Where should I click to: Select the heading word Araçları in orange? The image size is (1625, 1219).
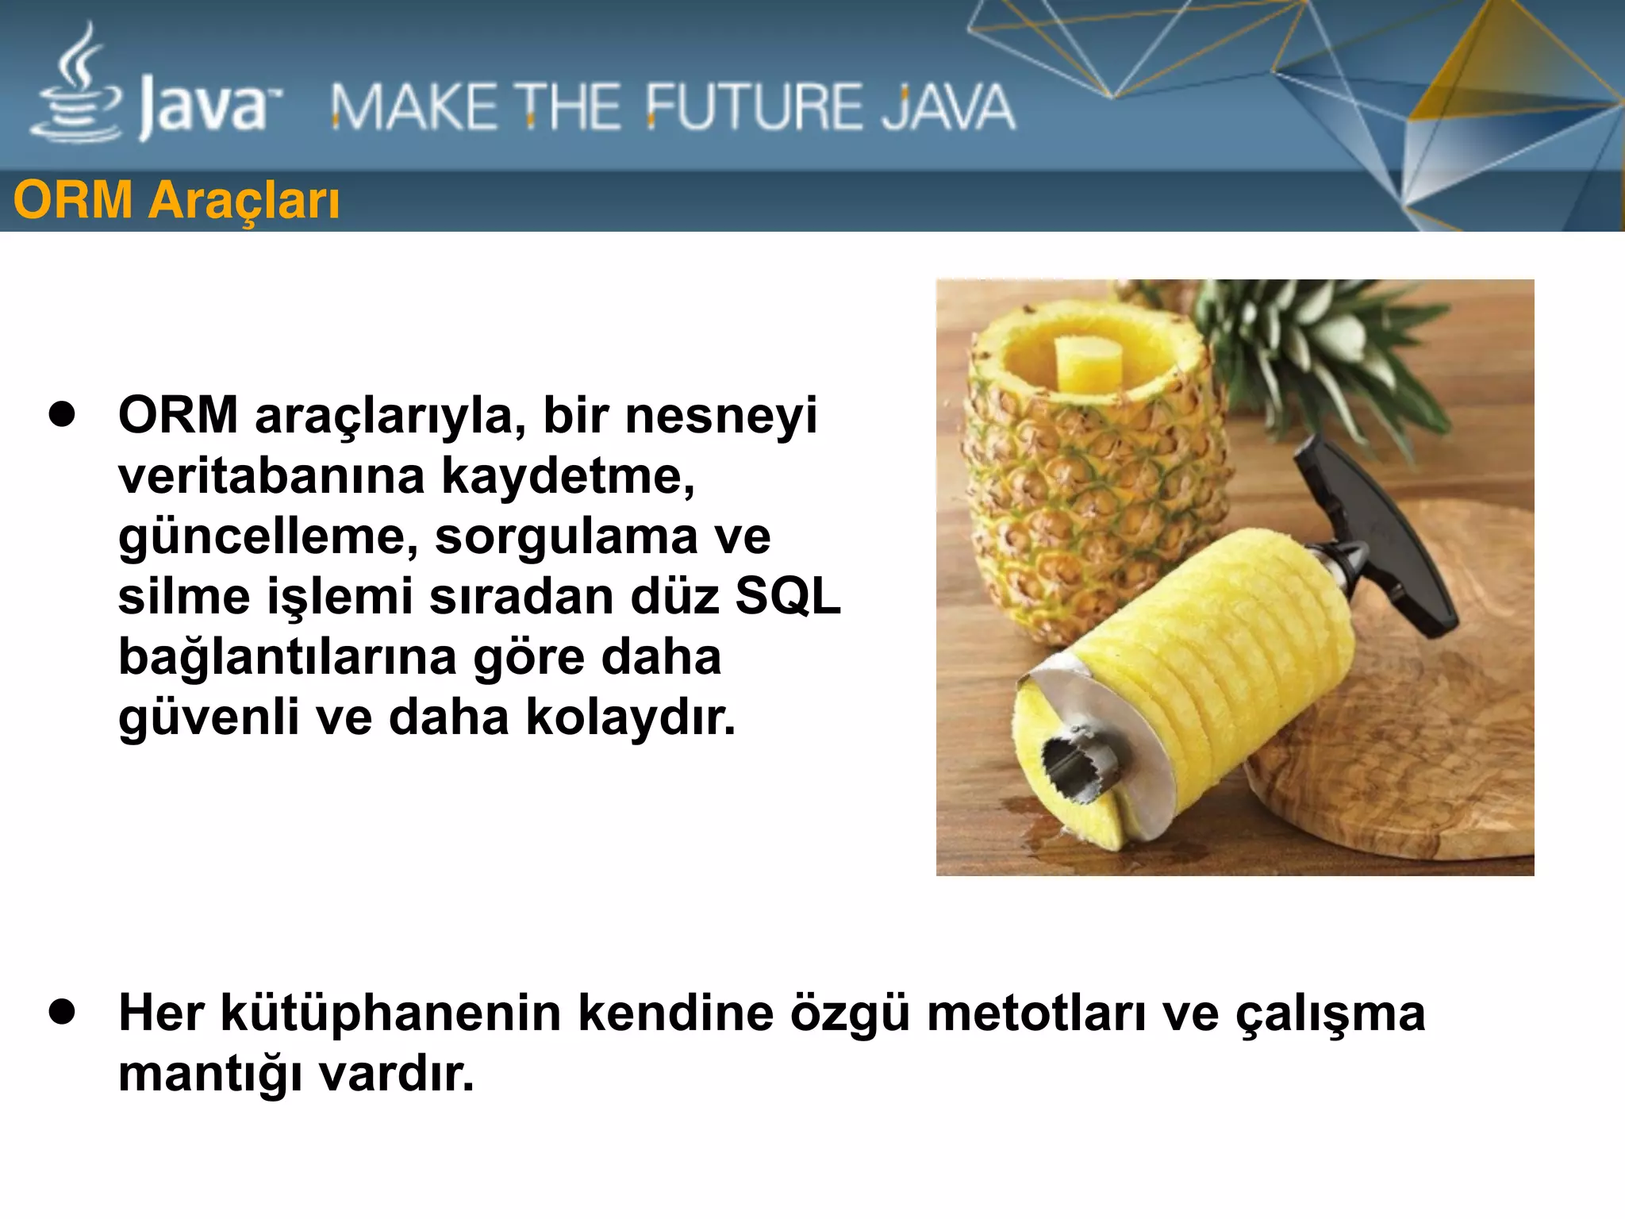coord(244,200)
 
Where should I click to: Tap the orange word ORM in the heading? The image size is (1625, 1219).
coord(73,200)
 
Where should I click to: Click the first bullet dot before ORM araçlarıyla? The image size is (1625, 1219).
coord(61,414)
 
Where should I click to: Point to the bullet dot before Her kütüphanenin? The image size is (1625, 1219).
coord(61,1013)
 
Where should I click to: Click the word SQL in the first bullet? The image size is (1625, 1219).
coord(787,596)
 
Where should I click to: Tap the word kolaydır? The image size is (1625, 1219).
coord(631,717)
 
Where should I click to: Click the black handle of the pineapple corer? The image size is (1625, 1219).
coord(1381,540)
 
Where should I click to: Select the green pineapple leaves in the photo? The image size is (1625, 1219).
coord(1301,333)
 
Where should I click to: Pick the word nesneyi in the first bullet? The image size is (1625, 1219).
coord(720,415)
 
